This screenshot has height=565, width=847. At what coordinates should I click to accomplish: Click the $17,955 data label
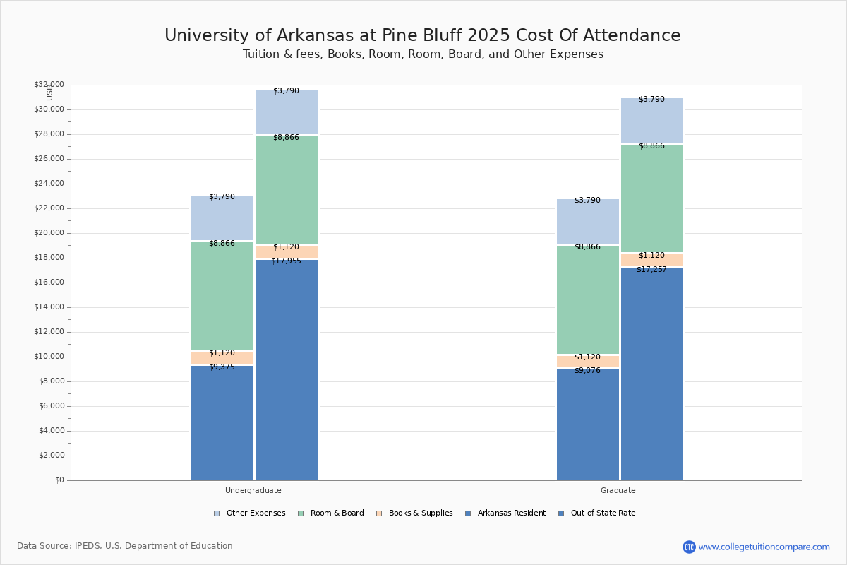point(286,261)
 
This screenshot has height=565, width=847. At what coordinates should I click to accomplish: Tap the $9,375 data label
point(222,367)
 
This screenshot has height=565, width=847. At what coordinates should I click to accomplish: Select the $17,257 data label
point(651,270)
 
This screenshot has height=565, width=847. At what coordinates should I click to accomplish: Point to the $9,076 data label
point(587,371)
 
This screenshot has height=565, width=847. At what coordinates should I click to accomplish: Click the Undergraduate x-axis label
point(253,490)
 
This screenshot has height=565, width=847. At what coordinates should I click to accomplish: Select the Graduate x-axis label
point(618,490)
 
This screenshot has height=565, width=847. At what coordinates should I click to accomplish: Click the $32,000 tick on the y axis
point(49,85)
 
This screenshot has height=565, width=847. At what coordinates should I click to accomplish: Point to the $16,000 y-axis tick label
point(49,282)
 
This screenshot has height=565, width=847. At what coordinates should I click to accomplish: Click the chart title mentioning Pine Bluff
point(422,36)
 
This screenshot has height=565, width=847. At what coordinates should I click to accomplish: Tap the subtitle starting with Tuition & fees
point(423,54)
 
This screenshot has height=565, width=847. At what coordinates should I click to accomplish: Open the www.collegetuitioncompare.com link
point(764,547)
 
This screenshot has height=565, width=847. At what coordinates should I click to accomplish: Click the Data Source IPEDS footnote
point(125,546)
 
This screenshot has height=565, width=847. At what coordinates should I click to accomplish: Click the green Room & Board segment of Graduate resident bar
point(588,299)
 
